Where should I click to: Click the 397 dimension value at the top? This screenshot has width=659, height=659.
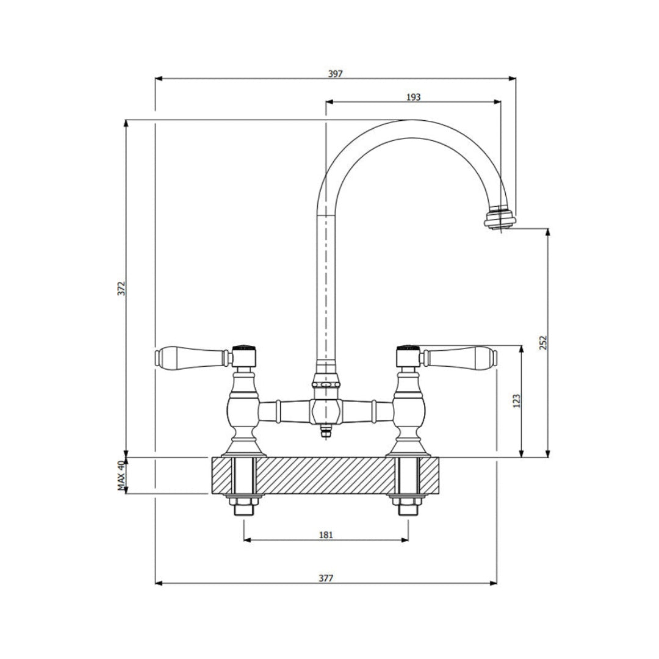tap(335, 73)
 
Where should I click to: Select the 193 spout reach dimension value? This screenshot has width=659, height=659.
tap(413, 96)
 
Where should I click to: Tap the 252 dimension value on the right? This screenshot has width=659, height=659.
tap(544, 342)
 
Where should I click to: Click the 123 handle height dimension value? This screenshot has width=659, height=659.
tap(516, 401)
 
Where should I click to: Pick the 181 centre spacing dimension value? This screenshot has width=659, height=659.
tap(326, 535)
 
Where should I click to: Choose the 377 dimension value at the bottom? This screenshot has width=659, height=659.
tap(326, 578)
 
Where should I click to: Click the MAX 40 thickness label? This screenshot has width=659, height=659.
tap(121, 475)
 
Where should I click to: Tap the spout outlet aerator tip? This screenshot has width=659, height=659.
tap(500, 219)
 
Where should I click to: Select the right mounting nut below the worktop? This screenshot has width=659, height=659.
tap(408, 506)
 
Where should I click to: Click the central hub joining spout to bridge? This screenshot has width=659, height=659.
tap(326, 410)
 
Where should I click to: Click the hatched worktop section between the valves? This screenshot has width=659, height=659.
tap(326, 475)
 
